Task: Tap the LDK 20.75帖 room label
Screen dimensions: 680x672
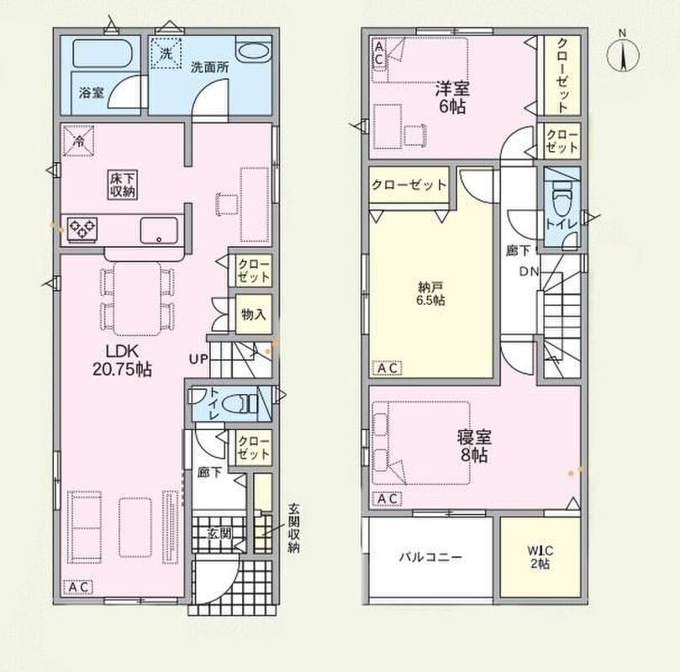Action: click(122, 360)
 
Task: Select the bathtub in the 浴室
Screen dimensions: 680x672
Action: click(102, 54)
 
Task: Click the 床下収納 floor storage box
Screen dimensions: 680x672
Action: click(123, 185)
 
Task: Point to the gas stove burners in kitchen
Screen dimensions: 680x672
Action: click(82, 228)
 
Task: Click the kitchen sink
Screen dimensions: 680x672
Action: click(159, 230)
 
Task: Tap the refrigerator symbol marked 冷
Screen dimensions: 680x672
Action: click(78, 140)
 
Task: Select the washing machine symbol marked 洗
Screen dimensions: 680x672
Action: click(166, 53)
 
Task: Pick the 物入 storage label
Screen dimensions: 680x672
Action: click(254, 314)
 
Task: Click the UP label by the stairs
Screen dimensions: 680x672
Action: click(198, 359)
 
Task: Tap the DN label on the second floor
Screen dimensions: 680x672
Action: click(529, 271)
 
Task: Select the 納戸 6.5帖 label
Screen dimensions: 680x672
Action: click(430, 293)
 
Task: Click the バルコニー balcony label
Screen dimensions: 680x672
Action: click(430, 557)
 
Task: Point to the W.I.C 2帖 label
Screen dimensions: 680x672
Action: click(540, 557)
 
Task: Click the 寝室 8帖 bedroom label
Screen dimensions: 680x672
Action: click(474, 446)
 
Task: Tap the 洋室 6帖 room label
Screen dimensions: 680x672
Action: click(452, 97)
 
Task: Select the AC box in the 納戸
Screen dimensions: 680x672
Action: click(387, 368)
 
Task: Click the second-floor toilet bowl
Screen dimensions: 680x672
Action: click(561, 198)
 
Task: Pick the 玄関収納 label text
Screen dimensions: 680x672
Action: click(293, 528)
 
